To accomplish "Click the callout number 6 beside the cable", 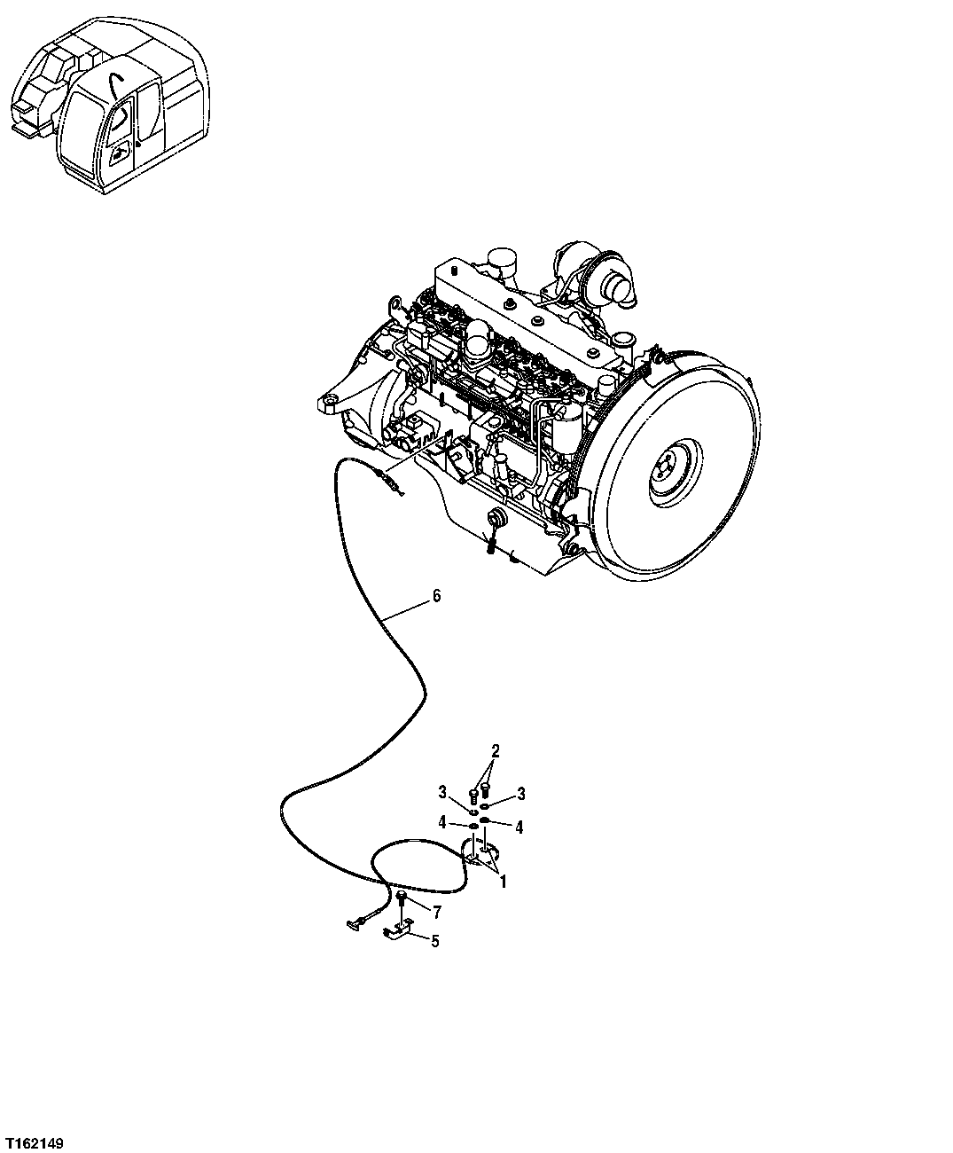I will pyautogui.click(x=435, y=596).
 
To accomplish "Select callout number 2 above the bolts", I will pyautogui.click(x=496, y=751).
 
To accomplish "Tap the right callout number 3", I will pyautogui.click(x=521, y=792).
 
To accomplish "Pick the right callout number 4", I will pyautogui.click(x=519, y=827).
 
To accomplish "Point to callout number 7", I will pyautogui.click(x=436, y=911).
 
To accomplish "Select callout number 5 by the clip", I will pyautogui.click(x=434, y=941).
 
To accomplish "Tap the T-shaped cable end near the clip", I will pyautogui.click(x=354, y=925).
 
